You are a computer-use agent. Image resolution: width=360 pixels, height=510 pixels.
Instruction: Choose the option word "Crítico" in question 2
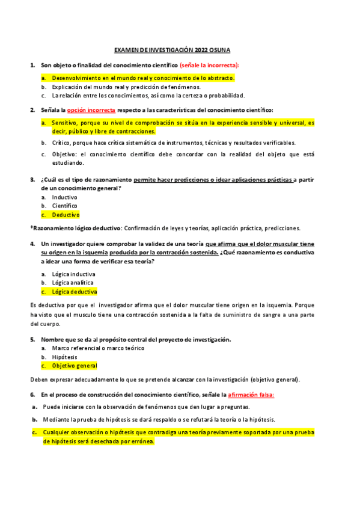tap(61, 143)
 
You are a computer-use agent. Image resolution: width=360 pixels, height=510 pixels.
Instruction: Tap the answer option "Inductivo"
tap(64, 197)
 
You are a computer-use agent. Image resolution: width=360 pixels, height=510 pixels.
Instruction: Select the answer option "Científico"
tap(64, 206)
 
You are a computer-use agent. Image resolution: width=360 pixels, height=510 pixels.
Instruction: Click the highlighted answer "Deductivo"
tap(66, 214)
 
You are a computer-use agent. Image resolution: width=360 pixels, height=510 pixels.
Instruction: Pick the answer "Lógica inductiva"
tap(73, 274)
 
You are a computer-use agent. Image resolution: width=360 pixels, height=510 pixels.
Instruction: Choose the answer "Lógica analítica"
tap(73, 283)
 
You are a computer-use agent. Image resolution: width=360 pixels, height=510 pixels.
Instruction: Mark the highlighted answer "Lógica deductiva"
tap(74, 292)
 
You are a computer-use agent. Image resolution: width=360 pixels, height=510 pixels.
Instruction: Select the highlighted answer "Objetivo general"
tap(75, 366)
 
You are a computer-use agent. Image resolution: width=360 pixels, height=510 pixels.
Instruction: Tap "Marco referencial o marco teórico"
tap(98, 348)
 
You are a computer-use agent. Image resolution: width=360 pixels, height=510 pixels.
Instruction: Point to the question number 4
tap(32, 244)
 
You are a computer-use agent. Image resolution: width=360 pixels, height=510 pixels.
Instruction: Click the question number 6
tap(32, 395)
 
